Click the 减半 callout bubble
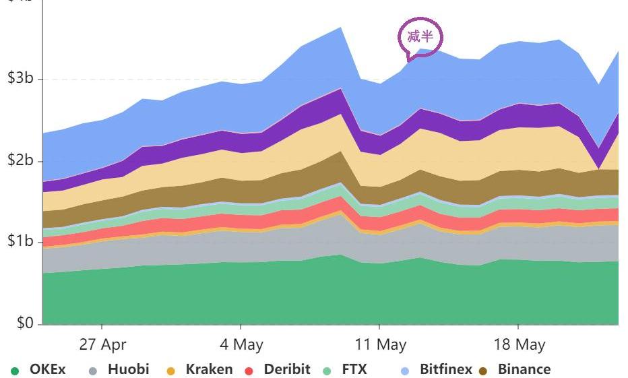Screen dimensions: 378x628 coord(420,36)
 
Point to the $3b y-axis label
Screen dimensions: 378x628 coord(20,79)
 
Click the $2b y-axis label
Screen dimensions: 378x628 coord(20,162)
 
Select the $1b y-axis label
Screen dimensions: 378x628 coord(20,242)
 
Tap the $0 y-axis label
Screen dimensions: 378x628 coord(25,324)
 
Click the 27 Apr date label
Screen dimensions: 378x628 coord(102,345)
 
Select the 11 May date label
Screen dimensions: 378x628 coord(381,345)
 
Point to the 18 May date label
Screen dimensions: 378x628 coord(520,345)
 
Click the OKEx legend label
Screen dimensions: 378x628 coord(48,369)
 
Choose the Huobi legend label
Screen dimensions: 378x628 coord(128,369)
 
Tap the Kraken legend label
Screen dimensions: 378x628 coord(209,369)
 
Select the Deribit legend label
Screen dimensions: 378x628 coord(287,369)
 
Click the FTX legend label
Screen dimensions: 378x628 coord(354,369)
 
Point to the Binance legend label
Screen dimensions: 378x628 coord(524,369)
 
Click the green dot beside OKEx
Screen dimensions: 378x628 coord(15,371)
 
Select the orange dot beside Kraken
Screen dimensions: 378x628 coord(170,371)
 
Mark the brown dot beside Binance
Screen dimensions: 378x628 coord(482,371)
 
